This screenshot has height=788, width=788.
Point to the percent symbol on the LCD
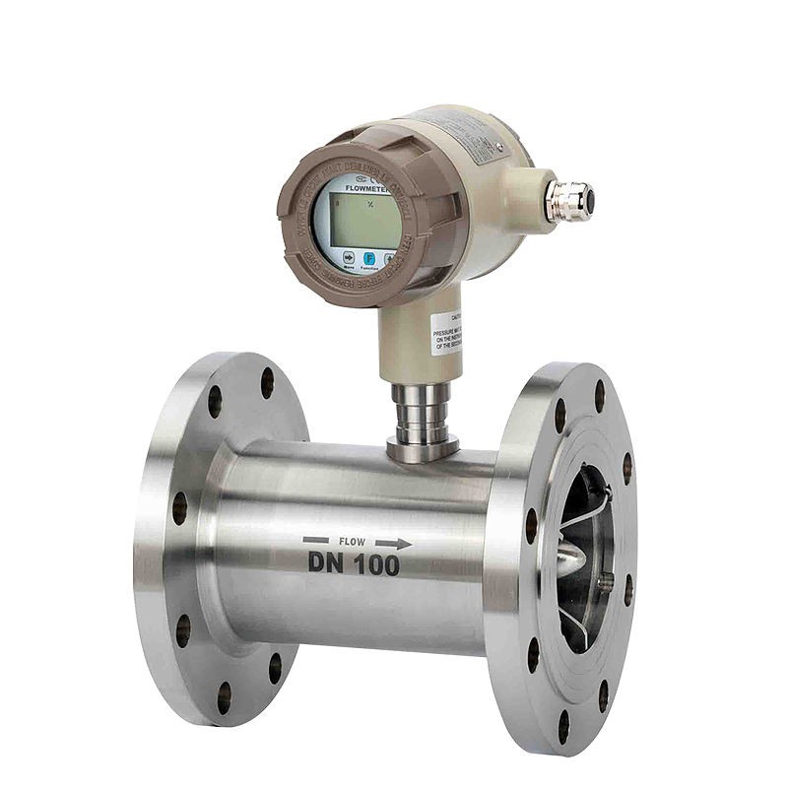coord(369,205)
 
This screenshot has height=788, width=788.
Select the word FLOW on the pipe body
coord(352,542)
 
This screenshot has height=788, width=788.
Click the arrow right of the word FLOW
coord(394,542)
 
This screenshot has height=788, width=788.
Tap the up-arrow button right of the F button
coord(390,258)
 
